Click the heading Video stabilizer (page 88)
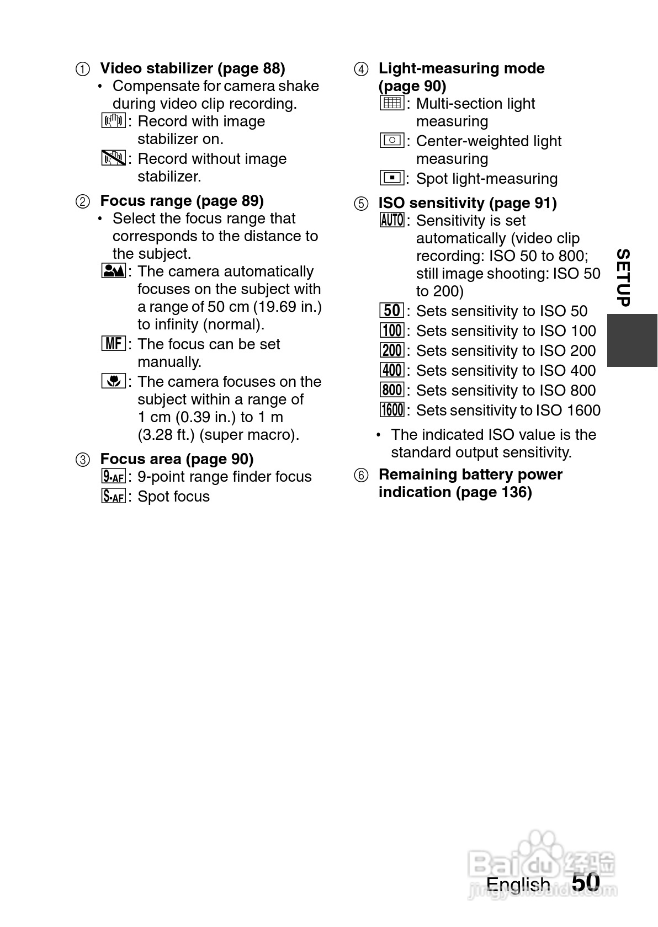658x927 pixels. coord(192,68)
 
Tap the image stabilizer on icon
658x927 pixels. coord(113,121)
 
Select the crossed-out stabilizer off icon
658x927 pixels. coord(113,158)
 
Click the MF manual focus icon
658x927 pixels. coord(113,344)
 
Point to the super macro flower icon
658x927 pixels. coord(113,381)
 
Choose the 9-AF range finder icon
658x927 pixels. coord(113,476)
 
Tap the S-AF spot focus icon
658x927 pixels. coord(113,496)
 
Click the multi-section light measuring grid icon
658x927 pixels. coord(392,103)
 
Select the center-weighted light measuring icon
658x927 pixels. coord(392,141)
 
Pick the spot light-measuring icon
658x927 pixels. coord(392,178)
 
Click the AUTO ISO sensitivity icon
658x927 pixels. coord(392,220)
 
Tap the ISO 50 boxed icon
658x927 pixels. coord(392,311)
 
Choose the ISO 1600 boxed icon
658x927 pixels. coord(392,410)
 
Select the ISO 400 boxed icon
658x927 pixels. coord(392,370)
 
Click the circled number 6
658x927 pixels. coord(361,475)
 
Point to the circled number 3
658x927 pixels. coord(82,460)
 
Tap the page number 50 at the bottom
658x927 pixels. coord(586,882)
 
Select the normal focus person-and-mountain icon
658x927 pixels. coord(113,271)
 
